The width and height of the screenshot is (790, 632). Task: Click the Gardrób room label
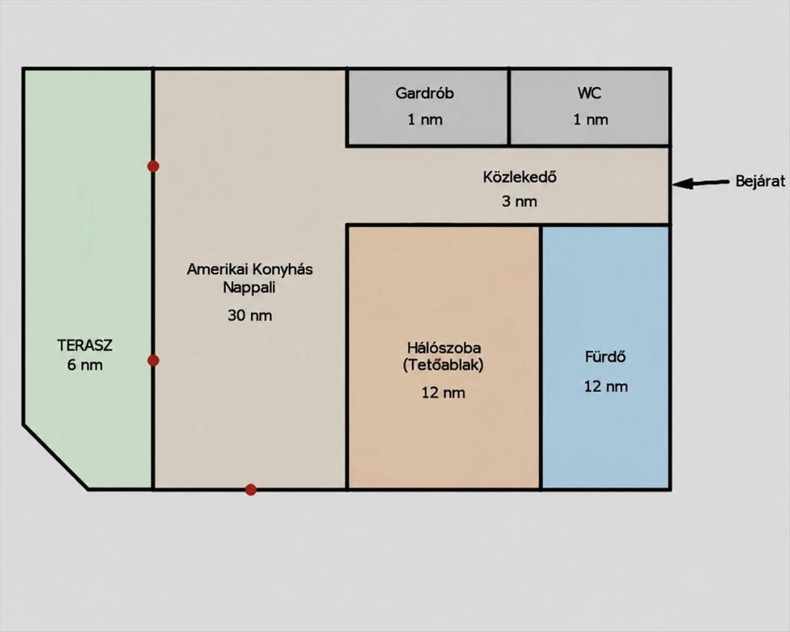(425, 94)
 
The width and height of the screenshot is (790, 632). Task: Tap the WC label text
(589, 94)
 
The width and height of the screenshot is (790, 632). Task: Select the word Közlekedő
(519, 177)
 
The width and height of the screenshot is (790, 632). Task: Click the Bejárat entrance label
(760, 181)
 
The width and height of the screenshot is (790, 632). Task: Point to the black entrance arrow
(700, 183)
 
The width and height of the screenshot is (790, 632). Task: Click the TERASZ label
(85, 345)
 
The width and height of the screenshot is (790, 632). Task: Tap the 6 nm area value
(85, 365)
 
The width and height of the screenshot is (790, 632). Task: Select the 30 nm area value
(250, 316)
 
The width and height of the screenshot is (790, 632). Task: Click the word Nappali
(250, 288)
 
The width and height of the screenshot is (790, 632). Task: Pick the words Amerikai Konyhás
(250, 270)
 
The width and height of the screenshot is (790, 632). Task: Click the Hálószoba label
(444, 347)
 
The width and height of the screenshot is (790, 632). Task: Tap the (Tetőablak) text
(443, 365)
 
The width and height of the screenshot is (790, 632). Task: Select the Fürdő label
(606, 357)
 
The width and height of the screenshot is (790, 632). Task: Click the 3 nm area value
(519, 202)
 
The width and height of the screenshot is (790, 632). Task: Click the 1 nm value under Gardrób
(425, 120)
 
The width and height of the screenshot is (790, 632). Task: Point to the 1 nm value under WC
(591, 120)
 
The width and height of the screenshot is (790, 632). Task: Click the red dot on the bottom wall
(251, 490)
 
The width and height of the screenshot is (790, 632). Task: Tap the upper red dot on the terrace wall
(153, 167)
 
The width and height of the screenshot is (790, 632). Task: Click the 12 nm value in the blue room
(606, 387)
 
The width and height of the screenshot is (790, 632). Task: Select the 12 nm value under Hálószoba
(443, 393)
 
